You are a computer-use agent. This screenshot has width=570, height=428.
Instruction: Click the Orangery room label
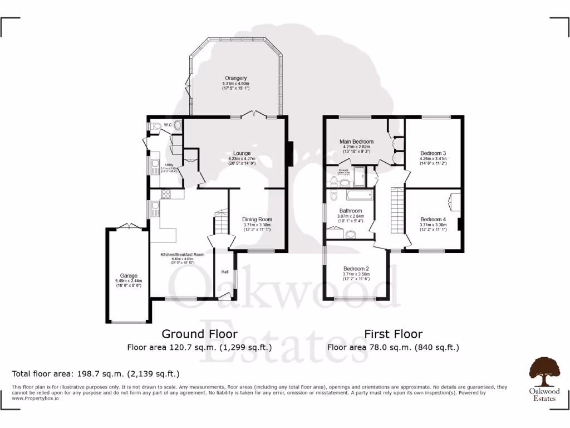(x=235, y=77)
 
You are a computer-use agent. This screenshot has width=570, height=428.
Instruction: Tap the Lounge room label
(x=242, y=153)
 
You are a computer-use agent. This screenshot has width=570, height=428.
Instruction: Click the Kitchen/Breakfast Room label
(x=183, y=255)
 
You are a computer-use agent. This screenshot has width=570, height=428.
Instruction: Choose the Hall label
(x=225, y=272)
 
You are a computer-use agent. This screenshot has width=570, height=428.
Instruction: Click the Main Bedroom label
(x=356, y=142)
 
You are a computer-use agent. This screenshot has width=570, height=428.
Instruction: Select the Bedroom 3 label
(x=433, y=153)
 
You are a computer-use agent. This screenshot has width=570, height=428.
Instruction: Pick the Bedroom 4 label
(x=433, y=219)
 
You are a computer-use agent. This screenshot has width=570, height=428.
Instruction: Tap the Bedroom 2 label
(x=356, y=268)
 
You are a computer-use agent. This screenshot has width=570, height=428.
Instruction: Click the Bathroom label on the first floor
(x=351, y=211)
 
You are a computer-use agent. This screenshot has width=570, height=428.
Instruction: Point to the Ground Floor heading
(x=199, y=334)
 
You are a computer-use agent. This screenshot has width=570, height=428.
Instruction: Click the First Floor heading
(x=393, y=334)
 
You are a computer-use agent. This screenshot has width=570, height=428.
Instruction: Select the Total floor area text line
(x=96, y=373)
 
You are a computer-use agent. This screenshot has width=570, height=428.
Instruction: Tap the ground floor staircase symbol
(x=221, y=222)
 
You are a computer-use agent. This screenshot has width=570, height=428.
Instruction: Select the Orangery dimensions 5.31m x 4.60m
(x=235, y=84)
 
